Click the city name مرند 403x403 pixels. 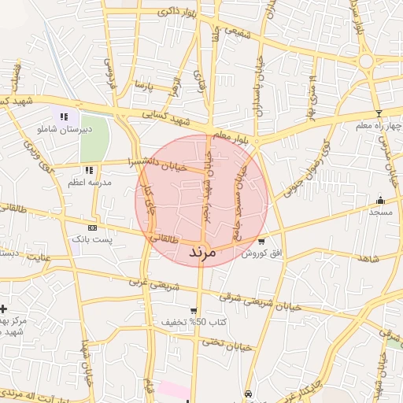coord(201,253)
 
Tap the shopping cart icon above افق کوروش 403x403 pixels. coord(261,241)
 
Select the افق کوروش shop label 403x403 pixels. coord(261,253)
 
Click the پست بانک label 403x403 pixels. coord(92,238)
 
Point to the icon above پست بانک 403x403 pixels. coord(92,227)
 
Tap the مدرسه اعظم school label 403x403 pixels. coord(91,182)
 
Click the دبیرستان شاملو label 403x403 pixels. coord(62,128)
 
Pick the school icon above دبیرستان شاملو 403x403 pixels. coord(63,116)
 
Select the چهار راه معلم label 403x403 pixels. coord(379,125)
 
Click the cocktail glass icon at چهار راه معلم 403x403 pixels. coord(379,114)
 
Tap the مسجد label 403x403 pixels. coord(381,212)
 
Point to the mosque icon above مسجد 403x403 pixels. coord(381,200)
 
